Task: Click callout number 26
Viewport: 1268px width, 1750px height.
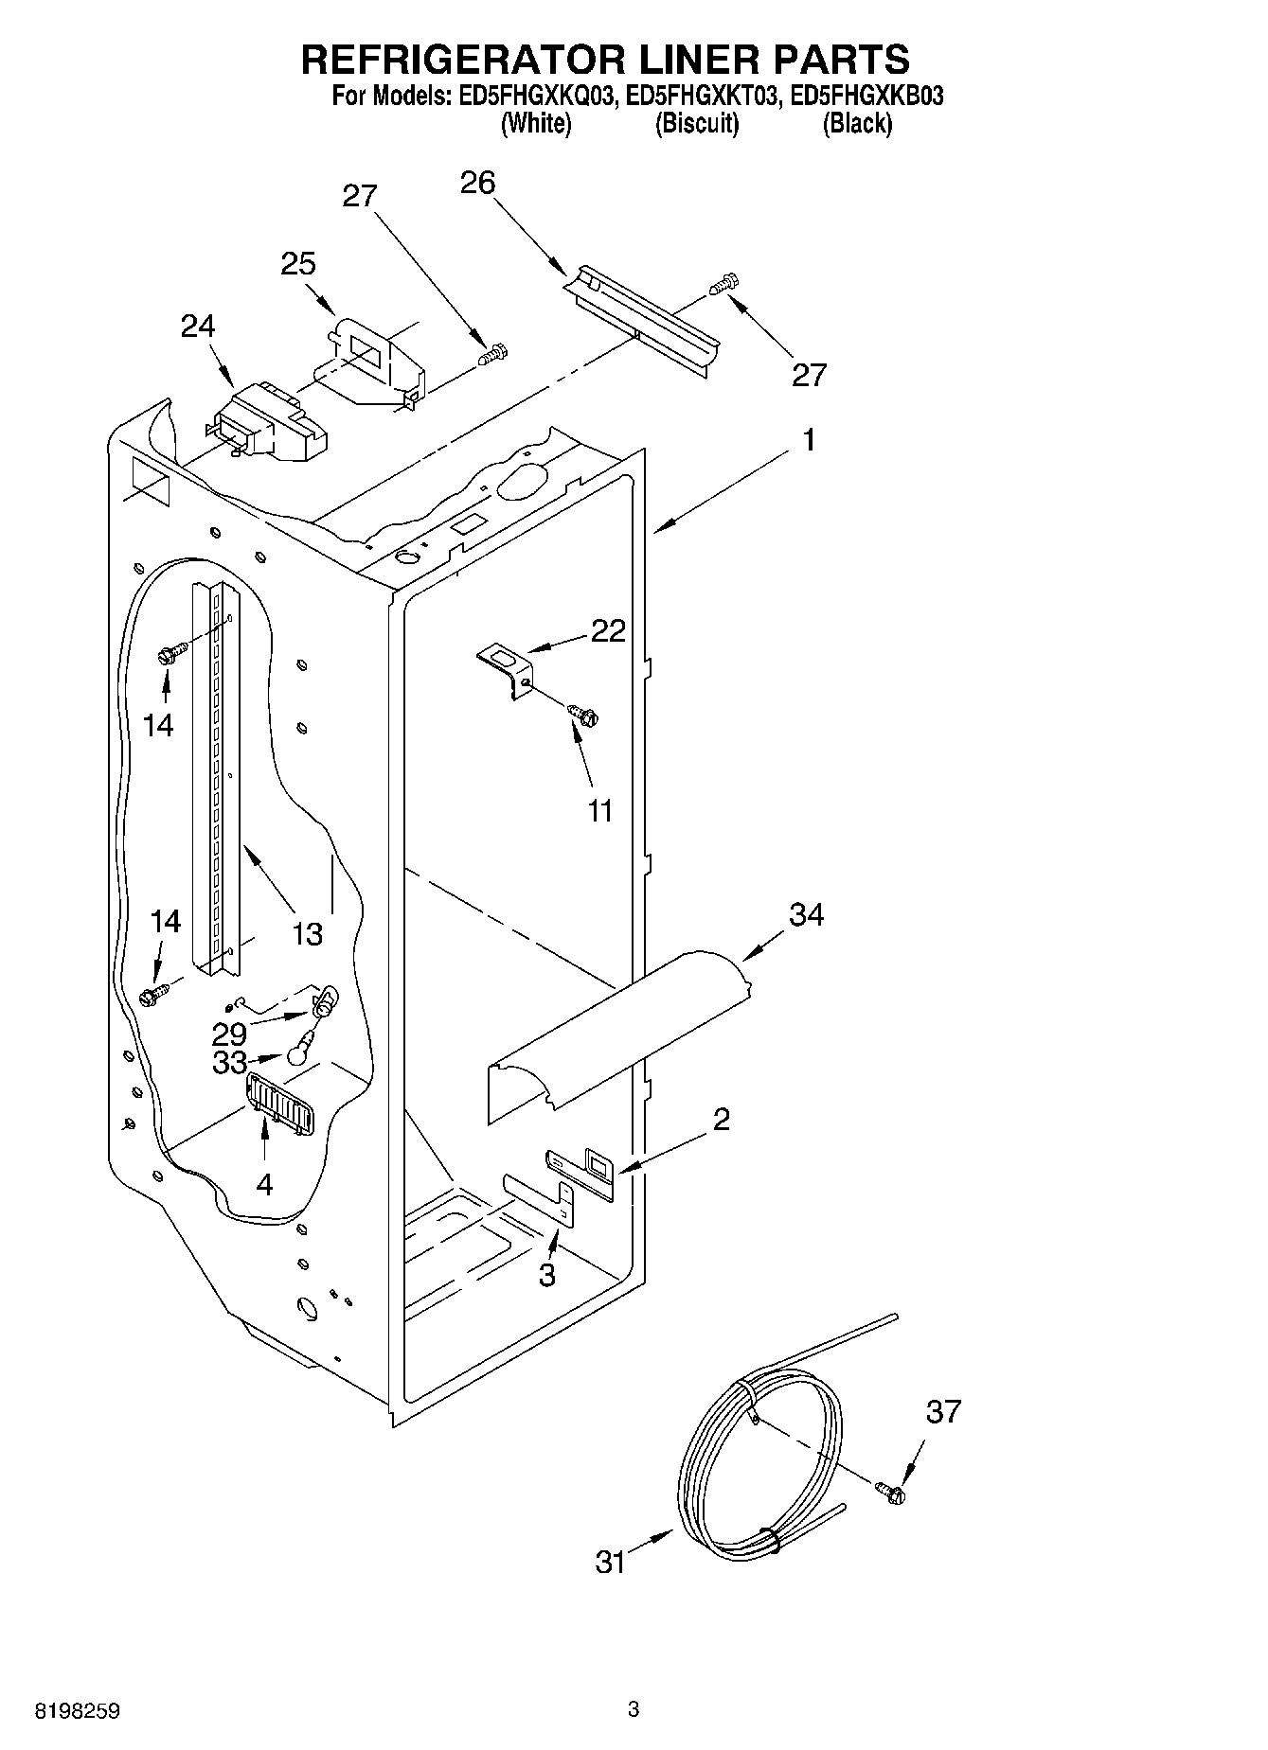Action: point(477,183)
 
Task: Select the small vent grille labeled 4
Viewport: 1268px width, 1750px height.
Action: point(278,1104)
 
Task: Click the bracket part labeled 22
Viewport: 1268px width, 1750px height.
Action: point(508,667)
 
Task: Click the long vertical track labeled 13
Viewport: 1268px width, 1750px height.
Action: point(217,776)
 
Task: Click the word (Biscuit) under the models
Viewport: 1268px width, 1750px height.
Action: point(697,124)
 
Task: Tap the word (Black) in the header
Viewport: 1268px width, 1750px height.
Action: point(857,124)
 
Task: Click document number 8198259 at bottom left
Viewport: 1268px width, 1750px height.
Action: point(78,1711)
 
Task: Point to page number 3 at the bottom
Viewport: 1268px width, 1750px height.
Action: point(634,1709)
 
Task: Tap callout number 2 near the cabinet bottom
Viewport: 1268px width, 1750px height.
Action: point(722,1120)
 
